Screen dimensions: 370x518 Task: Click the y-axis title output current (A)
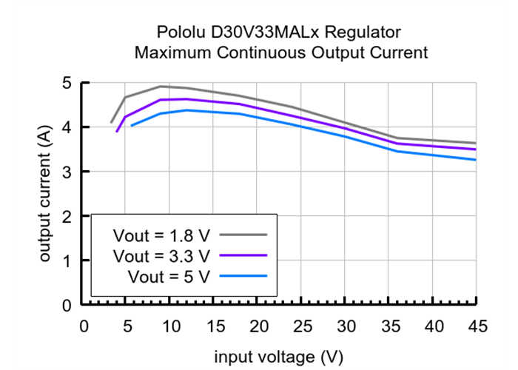[45, 194]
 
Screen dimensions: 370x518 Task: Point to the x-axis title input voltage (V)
[279, 357]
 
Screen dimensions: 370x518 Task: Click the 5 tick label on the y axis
[67, 83]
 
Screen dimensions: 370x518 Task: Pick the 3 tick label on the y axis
[67, 172]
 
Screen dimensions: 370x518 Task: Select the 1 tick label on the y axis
[67, 260]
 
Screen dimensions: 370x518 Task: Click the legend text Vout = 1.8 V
[162, 235]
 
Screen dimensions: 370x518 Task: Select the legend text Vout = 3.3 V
[162, 256]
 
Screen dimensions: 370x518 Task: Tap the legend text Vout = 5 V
[169, 277]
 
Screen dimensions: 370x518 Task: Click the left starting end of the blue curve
[132, 126]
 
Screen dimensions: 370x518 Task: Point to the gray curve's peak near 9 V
[161, 87]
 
